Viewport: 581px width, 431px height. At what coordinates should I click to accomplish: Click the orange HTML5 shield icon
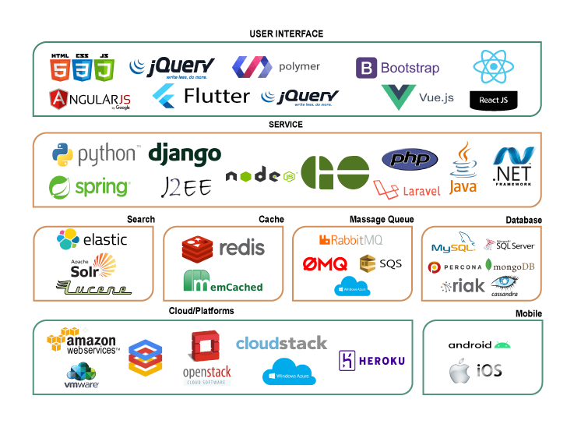click(58, 71)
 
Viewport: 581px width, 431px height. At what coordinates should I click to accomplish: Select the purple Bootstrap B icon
click(367, 69)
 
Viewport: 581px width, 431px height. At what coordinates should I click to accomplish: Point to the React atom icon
click(493, 68)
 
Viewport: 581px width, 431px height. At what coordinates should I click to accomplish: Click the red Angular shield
click(59, 99)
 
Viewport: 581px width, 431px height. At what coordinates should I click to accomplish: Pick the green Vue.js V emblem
click(400, 97)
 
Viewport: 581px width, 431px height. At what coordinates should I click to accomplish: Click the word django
click(185, 154)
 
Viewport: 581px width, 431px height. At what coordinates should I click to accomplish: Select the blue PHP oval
click(409, 159)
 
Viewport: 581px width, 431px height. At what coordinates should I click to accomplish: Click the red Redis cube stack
click(197, 249)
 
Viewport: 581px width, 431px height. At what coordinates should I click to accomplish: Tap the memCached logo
click(223, 281)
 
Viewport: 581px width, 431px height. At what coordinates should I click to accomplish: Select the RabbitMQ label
click(351, 239)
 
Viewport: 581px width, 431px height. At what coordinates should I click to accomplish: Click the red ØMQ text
click(325, 264)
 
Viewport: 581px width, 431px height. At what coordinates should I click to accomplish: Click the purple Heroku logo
click(372, 360)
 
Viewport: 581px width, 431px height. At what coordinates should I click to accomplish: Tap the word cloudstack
click(281, 343)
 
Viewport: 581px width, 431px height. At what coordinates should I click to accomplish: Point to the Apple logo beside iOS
click(461, 372)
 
